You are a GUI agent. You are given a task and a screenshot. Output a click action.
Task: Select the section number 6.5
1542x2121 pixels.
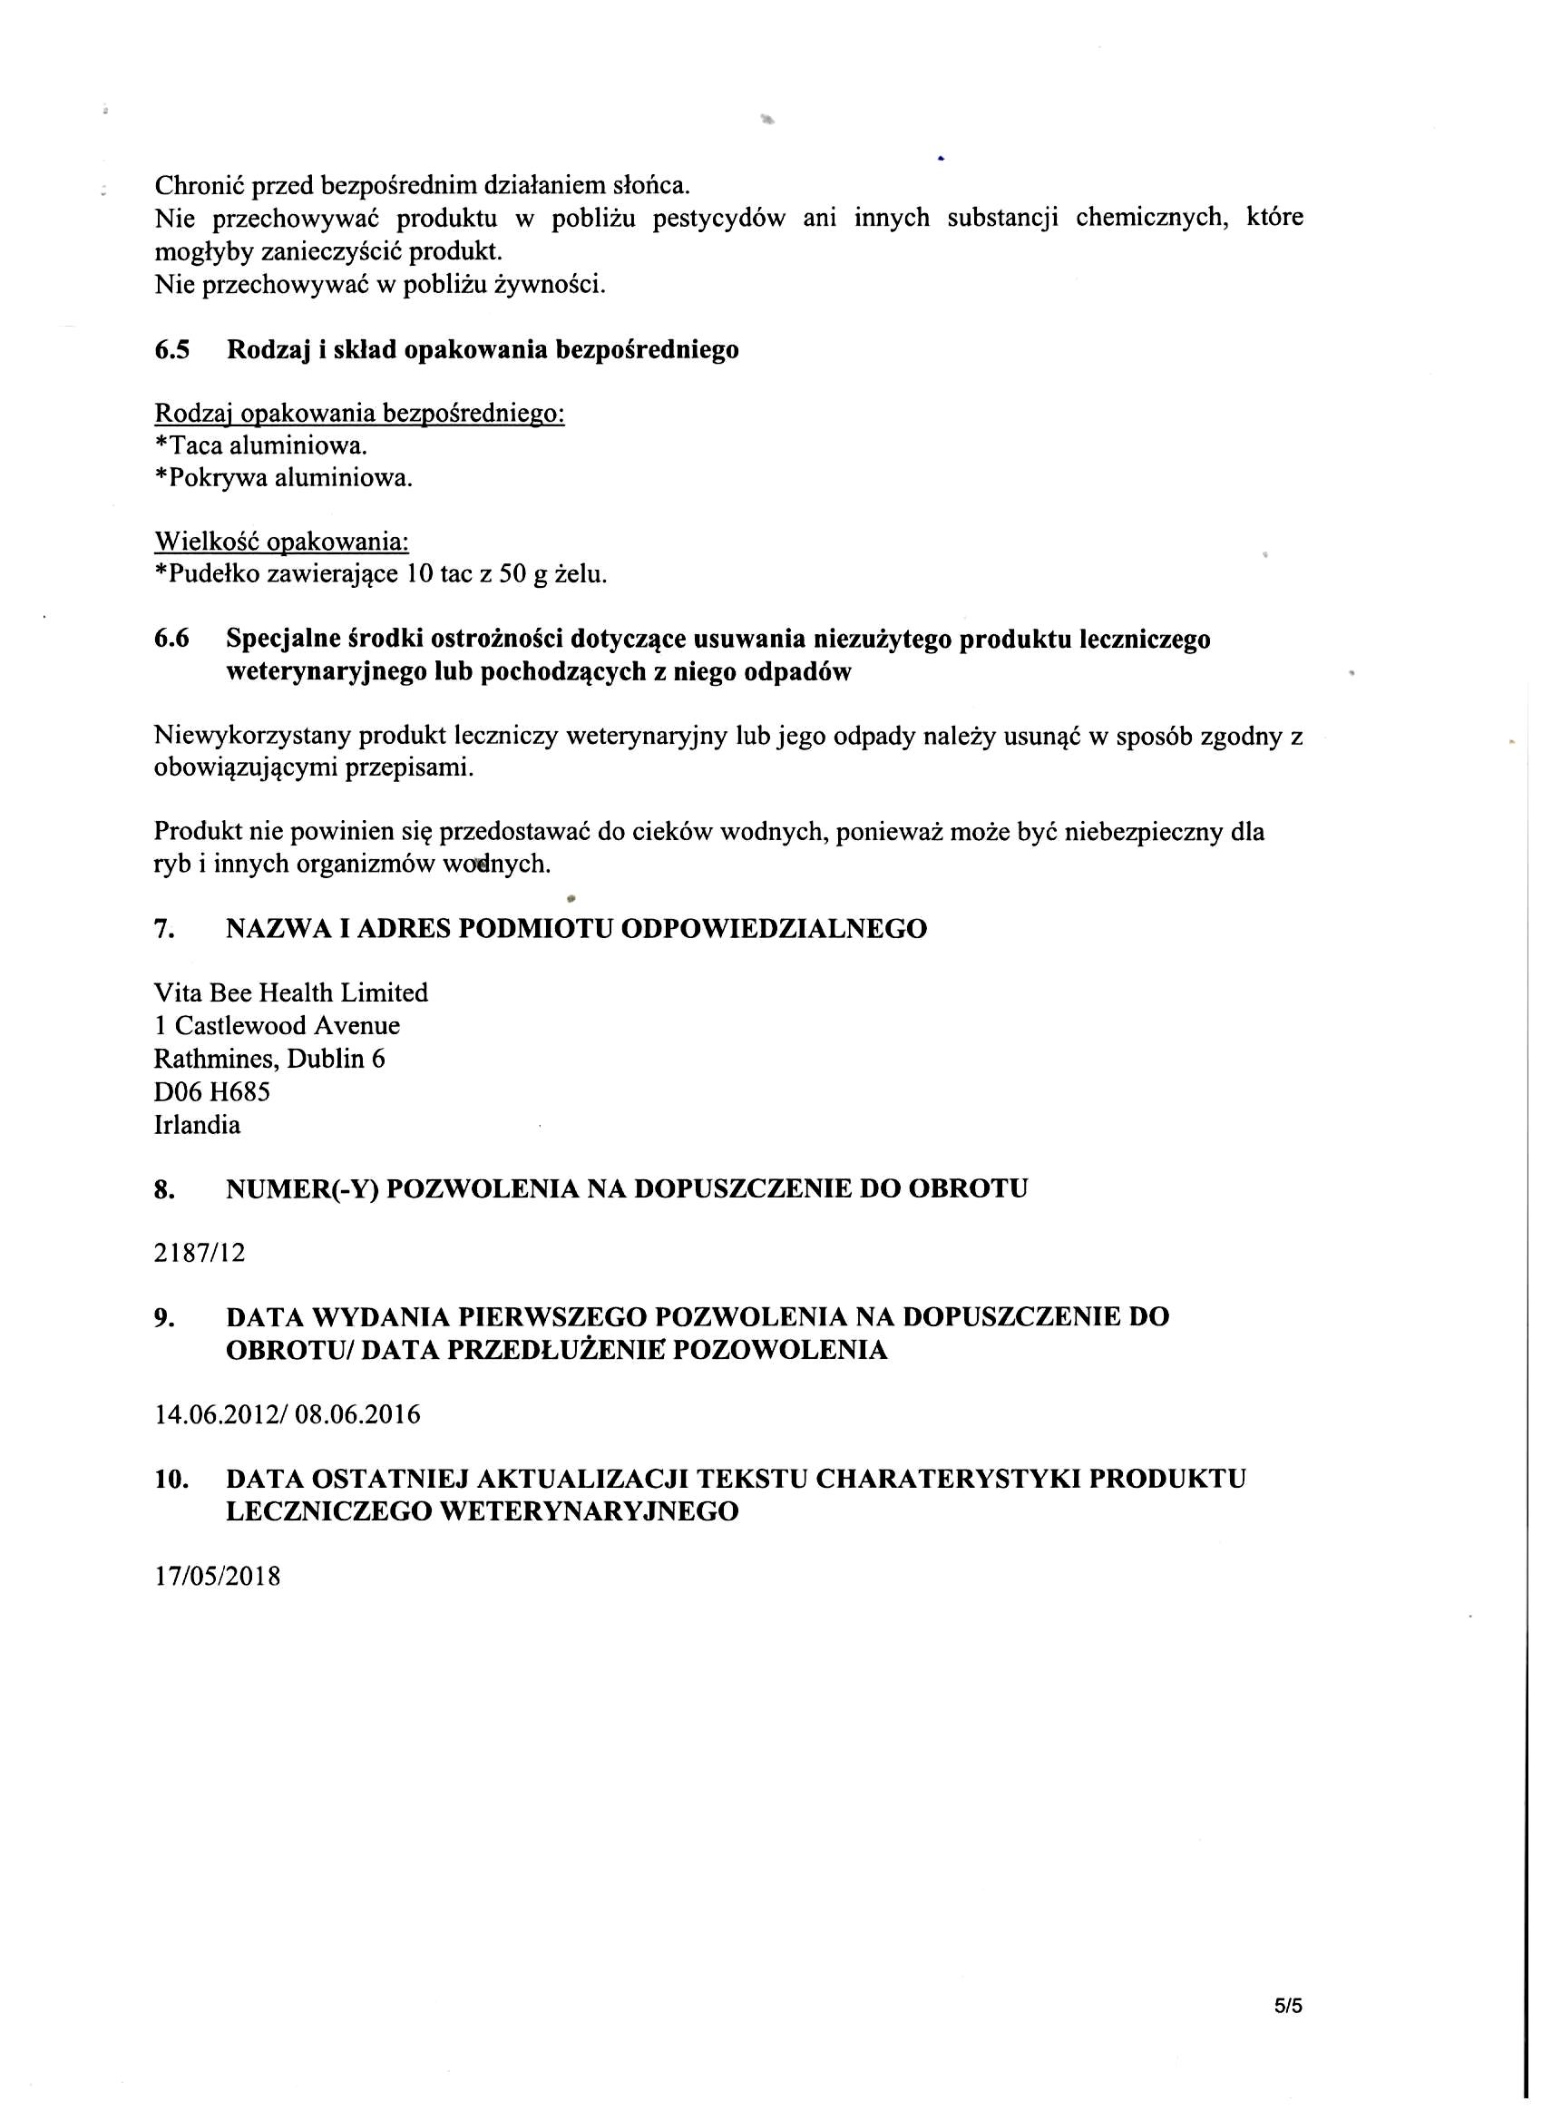pyautogui.click(x=171, y=350)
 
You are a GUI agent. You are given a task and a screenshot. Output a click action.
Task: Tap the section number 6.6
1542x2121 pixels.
pyautogui.click(x=171, y=639)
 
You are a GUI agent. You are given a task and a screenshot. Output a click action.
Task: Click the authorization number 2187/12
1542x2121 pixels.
pyautogui.click(x=200, y=1252)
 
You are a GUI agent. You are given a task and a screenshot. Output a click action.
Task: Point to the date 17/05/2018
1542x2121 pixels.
pyautogui.click(x=217, y=1577)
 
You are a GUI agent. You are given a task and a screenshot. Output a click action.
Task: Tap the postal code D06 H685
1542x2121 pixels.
pyautogui.click(x=211, y=1091)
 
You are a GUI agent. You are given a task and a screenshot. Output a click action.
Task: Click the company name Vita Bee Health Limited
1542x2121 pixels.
pyautogui.click(x=291, y=992)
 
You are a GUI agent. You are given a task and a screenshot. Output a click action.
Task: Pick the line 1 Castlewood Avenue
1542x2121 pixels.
pyautogui.click(x=277, y=1026)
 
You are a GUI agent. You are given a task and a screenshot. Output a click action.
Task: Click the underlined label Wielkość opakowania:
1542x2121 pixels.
pyautogui.click(x=281, y=542)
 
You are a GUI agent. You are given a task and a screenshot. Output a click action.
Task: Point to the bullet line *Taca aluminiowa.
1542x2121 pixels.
pyautogui.click(x=261, y=445)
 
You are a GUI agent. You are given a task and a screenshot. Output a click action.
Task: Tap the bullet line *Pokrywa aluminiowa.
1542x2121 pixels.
pyautogui.click(x=283, y=478)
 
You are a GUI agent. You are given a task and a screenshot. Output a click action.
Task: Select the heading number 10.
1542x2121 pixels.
pyautogui.click(x=172, y=1479)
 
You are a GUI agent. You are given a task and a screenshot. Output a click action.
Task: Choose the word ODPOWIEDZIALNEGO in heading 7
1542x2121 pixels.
pyautogui.click(x=775, y=929)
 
